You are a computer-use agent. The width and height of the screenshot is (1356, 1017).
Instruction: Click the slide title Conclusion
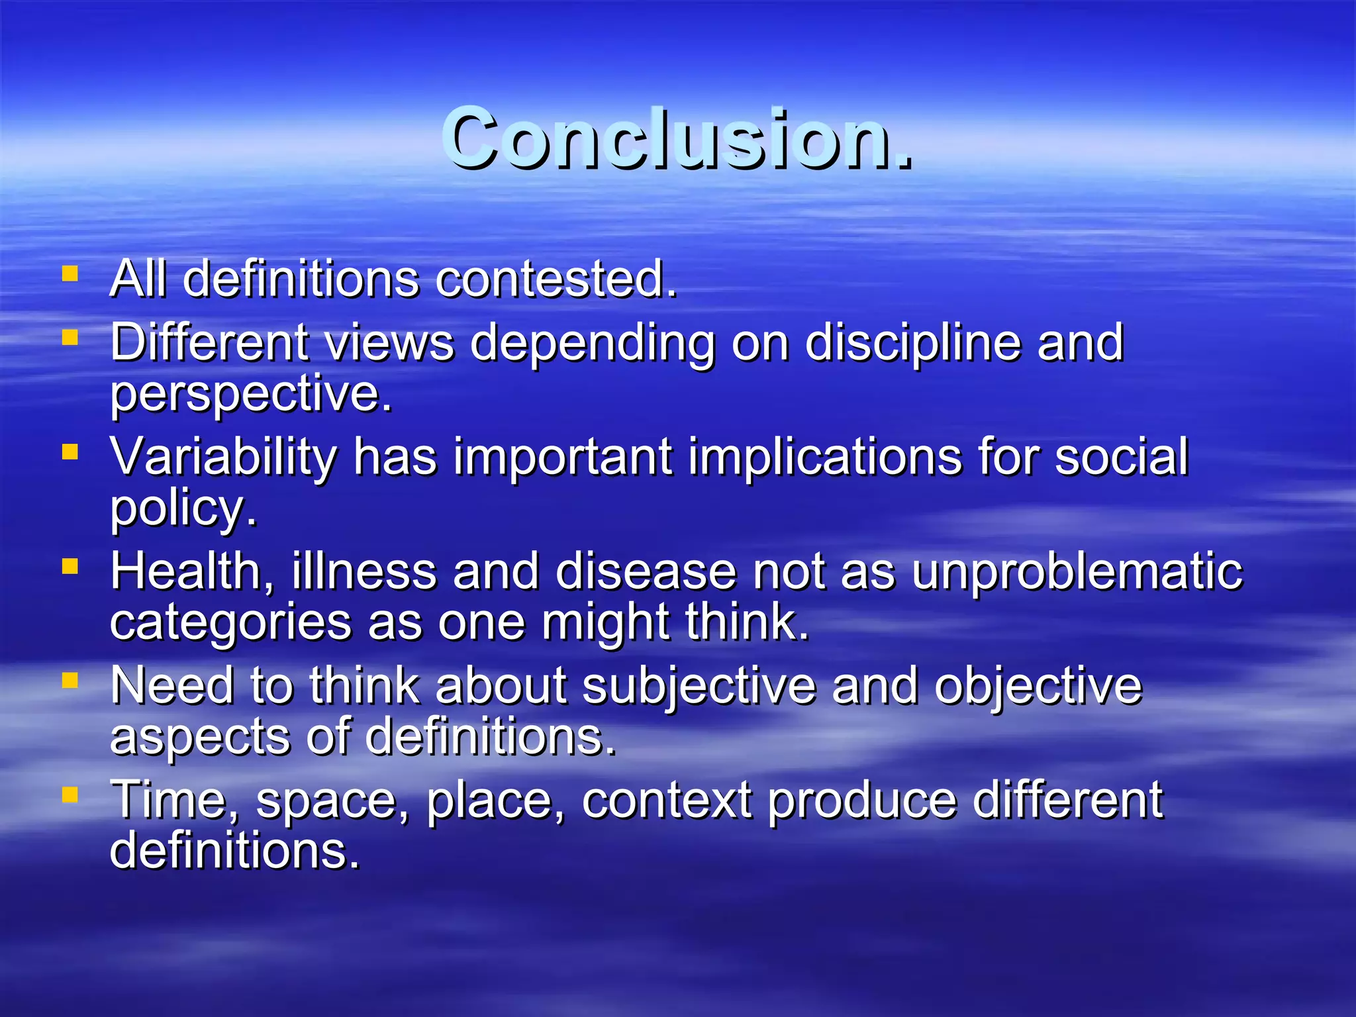(x=677, y=139)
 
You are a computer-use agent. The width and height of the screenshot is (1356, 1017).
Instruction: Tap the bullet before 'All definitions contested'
(x=70, y=273)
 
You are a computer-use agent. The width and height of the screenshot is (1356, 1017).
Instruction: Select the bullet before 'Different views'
(x=70, y=338)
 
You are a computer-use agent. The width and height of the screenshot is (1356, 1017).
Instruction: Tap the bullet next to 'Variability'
(x=70, y=452)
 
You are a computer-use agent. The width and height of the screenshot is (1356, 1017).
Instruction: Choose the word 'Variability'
(x=224, y=457)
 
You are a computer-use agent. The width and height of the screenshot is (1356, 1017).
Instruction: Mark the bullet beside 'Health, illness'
(x=70, y=566)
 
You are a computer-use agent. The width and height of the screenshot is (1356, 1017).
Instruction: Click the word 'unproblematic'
(x=1077, y=571)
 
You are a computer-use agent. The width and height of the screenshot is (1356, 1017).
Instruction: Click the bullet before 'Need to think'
(x=70, y=681)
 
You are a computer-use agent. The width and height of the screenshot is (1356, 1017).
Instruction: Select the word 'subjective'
(x=699, y=686)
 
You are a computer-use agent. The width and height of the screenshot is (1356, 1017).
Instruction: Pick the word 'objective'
(x=1038, y=686)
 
